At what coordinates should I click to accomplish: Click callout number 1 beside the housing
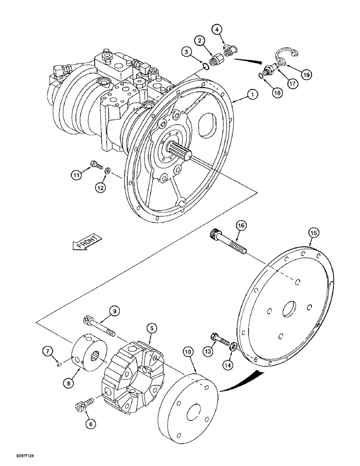pos(251,95)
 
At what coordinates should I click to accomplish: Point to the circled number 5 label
pos(151,328)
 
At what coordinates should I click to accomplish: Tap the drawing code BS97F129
pos(16,459)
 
